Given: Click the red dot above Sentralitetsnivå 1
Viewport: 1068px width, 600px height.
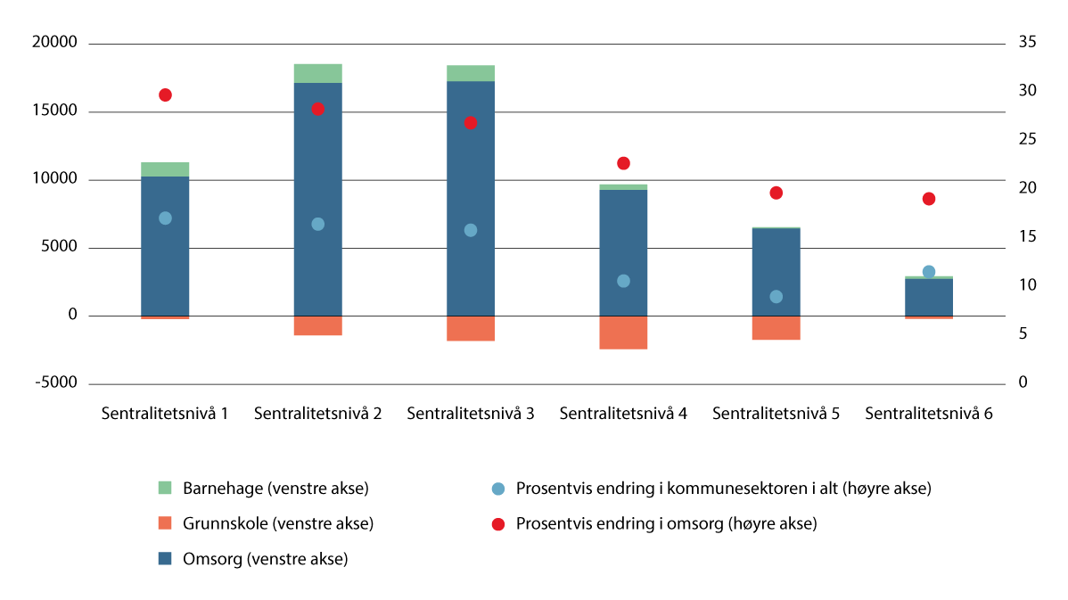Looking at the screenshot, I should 165,95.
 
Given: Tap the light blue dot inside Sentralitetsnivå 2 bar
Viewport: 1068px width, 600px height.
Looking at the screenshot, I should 318,225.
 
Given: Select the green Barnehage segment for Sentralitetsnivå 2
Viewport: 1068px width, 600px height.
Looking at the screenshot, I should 318,73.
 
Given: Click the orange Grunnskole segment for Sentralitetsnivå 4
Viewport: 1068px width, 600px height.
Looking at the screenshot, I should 623,333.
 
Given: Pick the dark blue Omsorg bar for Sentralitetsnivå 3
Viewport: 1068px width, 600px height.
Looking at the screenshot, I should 471,178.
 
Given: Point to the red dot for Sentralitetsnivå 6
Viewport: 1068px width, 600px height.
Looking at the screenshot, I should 929,199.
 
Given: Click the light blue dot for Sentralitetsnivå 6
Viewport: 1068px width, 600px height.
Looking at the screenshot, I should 929,272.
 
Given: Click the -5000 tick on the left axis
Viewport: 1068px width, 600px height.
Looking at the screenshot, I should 57,383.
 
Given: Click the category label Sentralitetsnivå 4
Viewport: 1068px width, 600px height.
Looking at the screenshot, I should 623,414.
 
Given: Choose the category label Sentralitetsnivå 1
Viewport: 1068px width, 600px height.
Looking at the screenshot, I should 165,414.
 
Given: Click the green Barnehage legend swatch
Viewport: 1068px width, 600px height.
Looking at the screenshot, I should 165,489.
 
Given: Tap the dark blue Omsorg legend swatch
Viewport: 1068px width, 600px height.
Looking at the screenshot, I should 165,559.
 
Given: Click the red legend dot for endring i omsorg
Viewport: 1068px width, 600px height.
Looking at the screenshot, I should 498,524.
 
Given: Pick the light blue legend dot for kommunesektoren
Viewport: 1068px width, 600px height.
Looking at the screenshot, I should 498,489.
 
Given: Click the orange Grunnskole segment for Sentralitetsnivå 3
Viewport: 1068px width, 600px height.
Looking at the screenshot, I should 471,328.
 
